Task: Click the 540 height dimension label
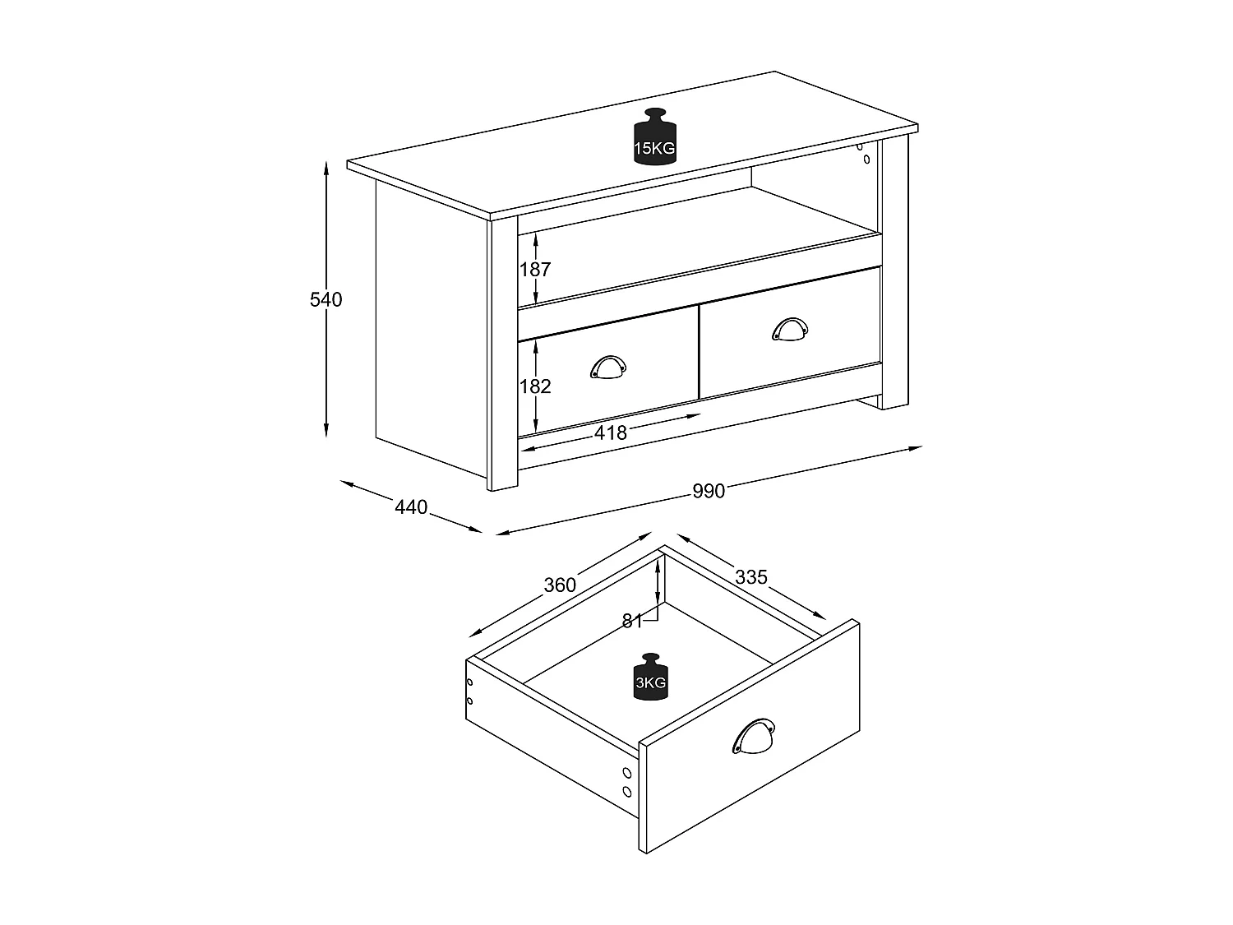[326, 300]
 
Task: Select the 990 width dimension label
[708, 491]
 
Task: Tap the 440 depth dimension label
[411, 507]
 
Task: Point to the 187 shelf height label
[535, 270]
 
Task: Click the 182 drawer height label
[535, 386]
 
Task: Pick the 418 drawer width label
[611, 432]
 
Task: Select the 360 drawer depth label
[560, 585]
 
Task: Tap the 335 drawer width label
[751, 577]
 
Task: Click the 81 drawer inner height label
[632, 621]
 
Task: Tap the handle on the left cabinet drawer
[608, 368]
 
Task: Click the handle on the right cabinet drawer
[790, 329]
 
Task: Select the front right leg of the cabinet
[894, 399]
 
